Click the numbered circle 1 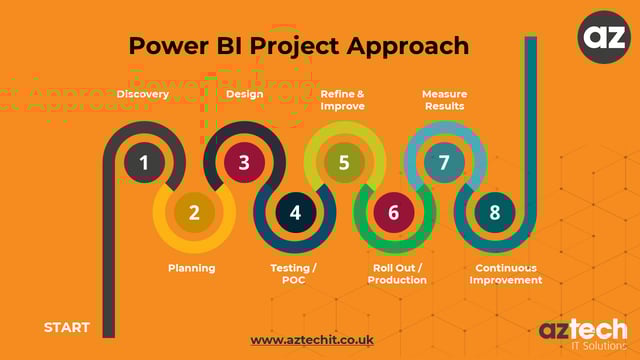144,162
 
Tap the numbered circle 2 194,212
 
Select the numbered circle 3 244,162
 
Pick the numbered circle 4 294,212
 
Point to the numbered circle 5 344,162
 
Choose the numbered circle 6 393,212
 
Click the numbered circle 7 444,162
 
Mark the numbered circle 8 494,212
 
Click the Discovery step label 143,95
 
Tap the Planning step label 191,268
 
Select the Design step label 244,95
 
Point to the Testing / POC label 294,274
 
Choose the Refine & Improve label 342,100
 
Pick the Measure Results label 444,100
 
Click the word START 67,327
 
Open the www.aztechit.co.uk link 312,340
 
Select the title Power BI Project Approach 299,46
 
